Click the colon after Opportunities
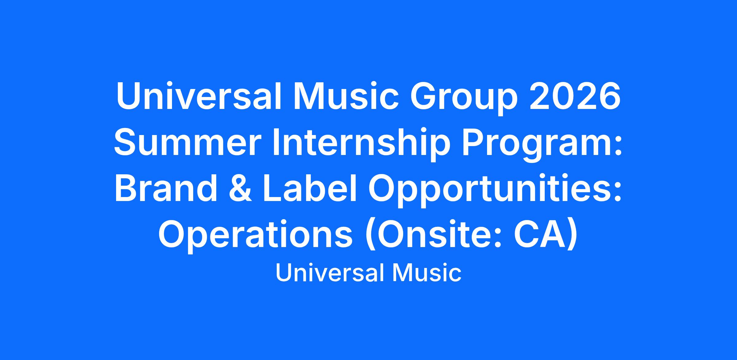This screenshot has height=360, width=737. click(x=617, y=193)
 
